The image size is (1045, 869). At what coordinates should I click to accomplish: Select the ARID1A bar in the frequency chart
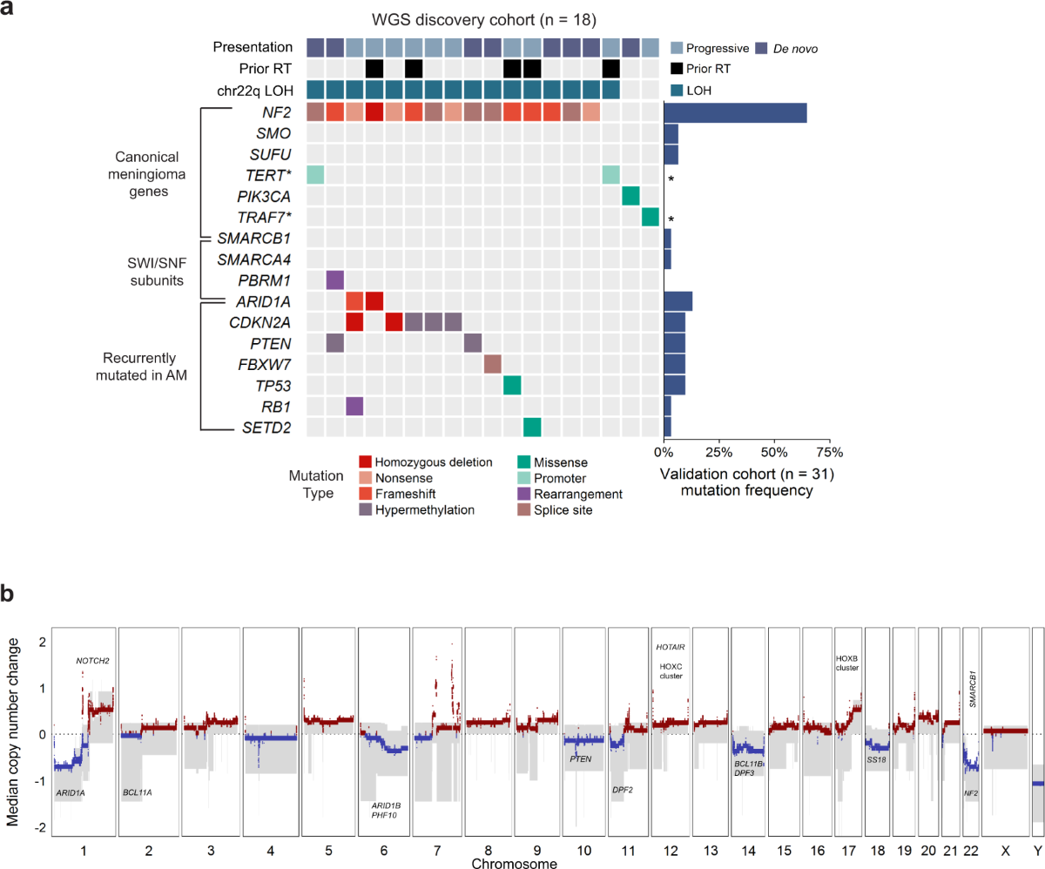click(x=678, y=300)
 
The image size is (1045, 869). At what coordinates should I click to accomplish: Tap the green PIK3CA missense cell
click(x=630, y=196)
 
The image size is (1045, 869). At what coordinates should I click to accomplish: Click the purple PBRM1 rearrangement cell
click(x=334, y=280)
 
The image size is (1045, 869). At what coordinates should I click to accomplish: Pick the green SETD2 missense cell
click(x=532, y=426)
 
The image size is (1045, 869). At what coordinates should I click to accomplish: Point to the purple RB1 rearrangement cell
click(x=354, y=405)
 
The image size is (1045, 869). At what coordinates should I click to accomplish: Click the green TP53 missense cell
click(x=512, y=384)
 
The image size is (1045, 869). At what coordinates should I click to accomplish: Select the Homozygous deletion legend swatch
click(x=366, y=462)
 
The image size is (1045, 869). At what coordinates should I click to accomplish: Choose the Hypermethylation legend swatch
click(x=366, y=509)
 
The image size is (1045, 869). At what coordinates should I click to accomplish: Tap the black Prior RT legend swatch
click(x=678, y=69)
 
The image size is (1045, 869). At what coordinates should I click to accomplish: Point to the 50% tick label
click(x=773, y=452)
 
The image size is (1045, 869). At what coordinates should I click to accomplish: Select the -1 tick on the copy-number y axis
click(x=40, y=781)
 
